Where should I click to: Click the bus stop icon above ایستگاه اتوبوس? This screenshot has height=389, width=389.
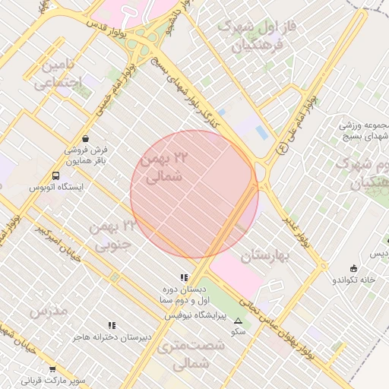tap(55, 176)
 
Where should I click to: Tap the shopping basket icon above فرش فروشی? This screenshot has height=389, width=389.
tap(85, 139)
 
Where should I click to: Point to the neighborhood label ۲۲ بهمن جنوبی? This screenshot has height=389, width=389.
tap(111, 235)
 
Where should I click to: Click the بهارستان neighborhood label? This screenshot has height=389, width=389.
tap(266, 257)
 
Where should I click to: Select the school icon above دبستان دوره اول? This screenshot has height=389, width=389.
tap(183, 278)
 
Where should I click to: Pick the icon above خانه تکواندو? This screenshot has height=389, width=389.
tap(353, 268)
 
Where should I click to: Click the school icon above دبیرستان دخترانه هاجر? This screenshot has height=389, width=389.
tap(112, 325)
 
